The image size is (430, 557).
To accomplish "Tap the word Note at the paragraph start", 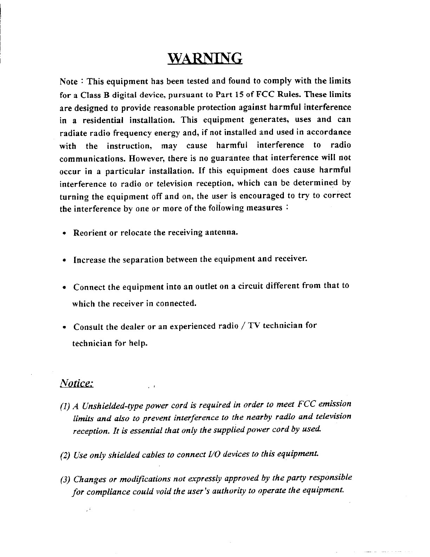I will click(x=69, y=82).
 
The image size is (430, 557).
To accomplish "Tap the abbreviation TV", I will click(x=253, y=325).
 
